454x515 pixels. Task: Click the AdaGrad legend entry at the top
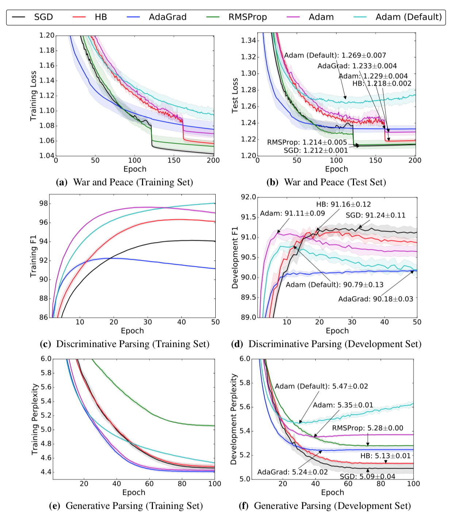[x=168, y=17]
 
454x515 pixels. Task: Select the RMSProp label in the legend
[x=247, y=17]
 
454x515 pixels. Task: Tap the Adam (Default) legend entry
[x=408, y=17]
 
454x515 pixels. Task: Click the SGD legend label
[x=43, y=17]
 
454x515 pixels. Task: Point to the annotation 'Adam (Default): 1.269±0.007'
[x=335, y=56]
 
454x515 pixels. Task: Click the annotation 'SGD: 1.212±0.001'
[x=316, y=150]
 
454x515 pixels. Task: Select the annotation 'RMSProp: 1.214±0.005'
[x=307, y=142]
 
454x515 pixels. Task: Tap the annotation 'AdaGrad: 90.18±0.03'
[x=376, y=299]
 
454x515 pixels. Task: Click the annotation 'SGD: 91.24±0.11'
[x=376, y=215]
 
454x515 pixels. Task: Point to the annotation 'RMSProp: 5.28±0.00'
[x=368, y=428]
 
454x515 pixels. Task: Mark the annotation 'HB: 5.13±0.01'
[x=385, y=456]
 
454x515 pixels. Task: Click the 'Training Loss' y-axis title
[x=33, y=96]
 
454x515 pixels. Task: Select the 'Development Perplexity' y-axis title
[x=234, y=419]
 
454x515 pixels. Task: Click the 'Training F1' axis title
[x=33, y=256]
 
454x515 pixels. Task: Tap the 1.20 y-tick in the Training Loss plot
[x=47, y=35]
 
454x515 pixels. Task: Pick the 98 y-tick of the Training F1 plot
[x=43, y=203]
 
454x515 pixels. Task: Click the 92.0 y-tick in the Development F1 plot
[x=248, y=197]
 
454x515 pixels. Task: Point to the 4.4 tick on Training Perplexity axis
[x=46, y=472]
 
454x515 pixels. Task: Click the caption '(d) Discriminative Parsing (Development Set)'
[x=326, y=344]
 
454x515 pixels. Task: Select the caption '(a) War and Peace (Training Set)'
[x=124, y=182]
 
